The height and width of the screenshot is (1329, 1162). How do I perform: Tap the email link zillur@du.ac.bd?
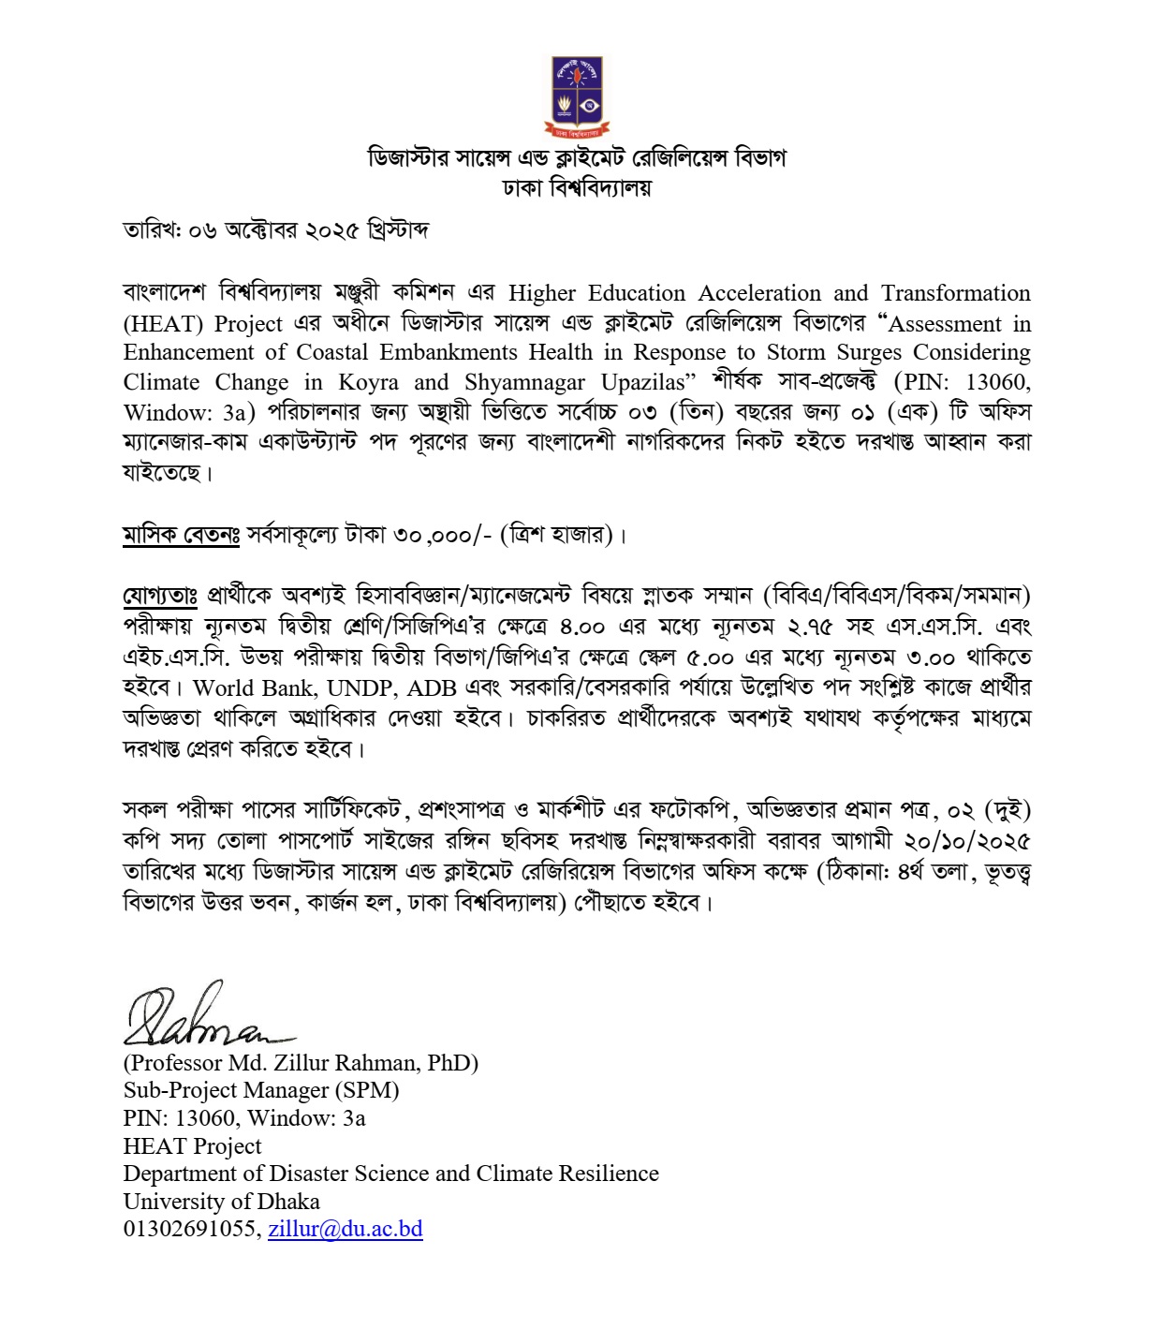click(x=345, y=1229)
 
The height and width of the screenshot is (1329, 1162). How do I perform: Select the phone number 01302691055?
click(x=189, y=1229)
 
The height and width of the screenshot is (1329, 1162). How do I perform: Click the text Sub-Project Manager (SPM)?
click(x=261, y=1090)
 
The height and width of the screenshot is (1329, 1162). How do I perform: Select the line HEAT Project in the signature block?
click(x=192, y=1145)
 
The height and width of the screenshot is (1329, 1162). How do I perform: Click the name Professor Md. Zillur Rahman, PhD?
click(x=301, y=1062)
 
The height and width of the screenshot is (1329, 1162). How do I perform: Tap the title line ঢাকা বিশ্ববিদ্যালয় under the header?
click(x=577, y=187)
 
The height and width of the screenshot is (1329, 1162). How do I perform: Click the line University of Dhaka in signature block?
click(x=221, y=1201)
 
